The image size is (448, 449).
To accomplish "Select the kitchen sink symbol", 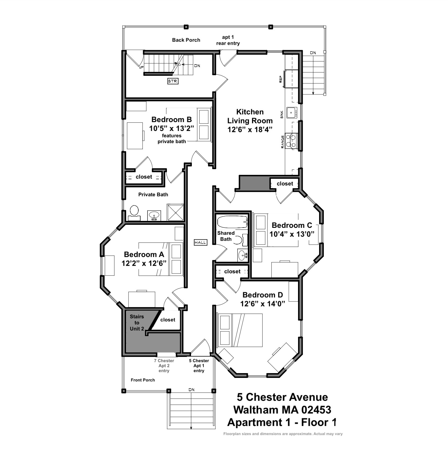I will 292,113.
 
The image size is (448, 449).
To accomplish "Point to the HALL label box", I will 200,242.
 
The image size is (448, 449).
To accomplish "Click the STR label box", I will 173,81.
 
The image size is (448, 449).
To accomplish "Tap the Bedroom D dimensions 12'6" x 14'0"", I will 263,304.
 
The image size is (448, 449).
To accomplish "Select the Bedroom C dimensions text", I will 292,234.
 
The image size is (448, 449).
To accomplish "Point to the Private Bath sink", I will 154,215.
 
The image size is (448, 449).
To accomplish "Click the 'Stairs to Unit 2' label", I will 137,322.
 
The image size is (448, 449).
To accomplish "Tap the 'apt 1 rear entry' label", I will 228,40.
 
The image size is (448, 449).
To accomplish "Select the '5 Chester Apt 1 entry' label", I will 199,366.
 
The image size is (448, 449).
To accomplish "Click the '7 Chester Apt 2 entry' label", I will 164,366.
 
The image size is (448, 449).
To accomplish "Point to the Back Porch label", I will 186,40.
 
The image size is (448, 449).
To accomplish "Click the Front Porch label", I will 143,380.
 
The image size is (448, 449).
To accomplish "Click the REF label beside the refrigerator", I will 281,79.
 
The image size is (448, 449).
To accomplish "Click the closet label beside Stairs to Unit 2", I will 168,320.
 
